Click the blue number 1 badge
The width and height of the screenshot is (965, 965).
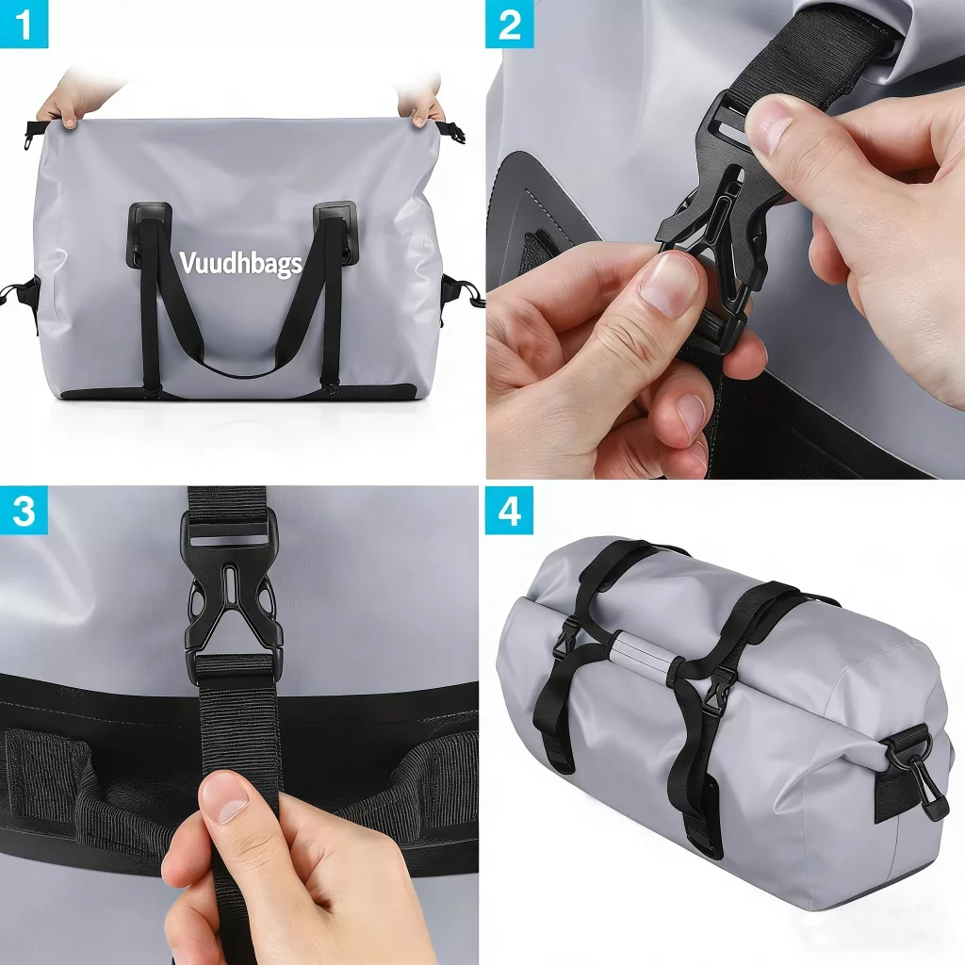pyautogui.click(x=24, y=24)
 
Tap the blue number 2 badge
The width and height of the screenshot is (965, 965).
pyautogui.click(x=510, y=24)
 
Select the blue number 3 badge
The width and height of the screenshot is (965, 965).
pyautogui.click(x=24, y=511)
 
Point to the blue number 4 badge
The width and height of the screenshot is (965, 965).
pyautogui.click(x=510, y=511)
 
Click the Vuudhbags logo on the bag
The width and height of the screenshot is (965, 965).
pyautogui.click(x=240, y=264)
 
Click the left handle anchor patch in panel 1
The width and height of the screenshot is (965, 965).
pyautogui.click(x=149, y=235)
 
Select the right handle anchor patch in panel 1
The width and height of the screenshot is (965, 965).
pyautogui.click(x=335, y=234)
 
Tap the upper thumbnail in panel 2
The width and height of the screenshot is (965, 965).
pyautogui.click(x=769, y=127)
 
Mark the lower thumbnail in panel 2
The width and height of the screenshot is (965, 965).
pyautogui.click(x=670, y=285)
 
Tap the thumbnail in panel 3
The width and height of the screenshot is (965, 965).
pyautogui.click(x=222, y=799)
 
